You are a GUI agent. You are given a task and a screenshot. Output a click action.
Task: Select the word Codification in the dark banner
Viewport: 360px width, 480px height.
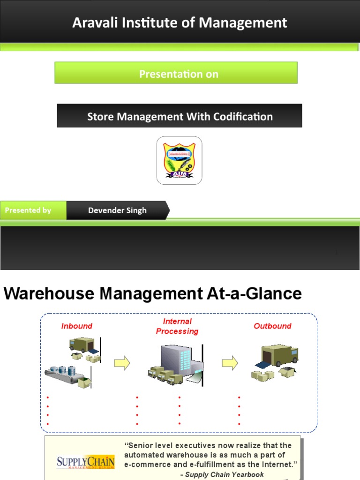tap(242, 116)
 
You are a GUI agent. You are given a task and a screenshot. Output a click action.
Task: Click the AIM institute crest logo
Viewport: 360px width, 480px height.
tap(179, 160)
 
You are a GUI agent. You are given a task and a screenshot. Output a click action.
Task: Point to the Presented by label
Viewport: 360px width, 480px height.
tap(28, 210)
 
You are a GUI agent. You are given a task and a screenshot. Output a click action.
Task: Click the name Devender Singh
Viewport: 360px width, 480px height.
tap(117, 210)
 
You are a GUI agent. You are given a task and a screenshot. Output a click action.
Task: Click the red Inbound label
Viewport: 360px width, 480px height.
tap(76, 326)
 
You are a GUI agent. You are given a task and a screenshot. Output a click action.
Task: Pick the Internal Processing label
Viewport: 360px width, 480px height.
tap(177, 326)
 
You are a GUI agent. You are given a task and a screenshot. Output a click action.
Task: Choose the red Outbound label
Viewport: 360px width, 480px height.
tap(272, 326)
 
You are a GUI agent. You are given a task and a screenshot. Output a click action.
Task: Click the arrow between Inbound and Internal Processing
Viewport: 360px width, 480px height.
tap(122, 363)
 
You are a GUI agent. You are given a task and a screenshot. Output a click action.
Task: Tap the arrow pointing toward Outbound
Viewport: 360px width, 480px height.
tap(230, 363)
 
